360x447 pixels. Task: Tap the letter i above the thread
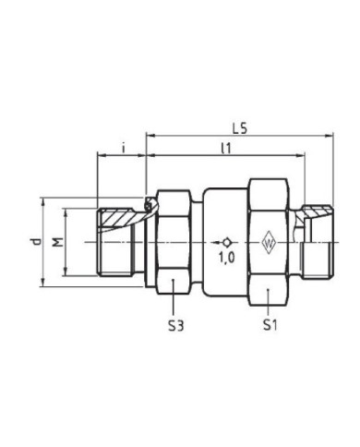(121, 147)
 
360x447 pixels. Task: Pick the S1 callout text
(270, 324)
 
